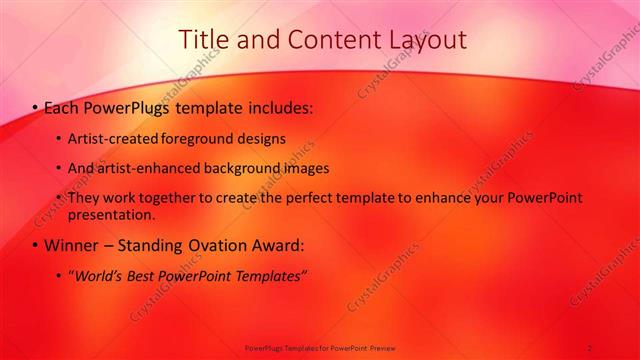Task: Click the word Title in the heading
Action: point(203,40)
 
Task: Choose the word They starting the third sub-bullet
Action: point(84,198)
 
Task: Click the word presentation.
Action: point(112,214)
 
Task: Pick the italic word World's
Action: point(95,275)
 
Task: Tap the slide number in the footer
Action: point(590,348)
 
